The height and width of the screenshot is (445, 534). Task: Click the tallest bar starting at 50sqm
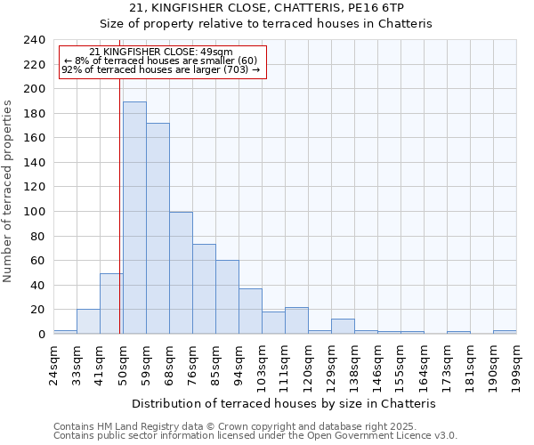click(x=134, y=218)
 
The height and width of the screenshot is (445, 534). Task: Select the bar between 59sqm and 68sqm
click(x=158, y=229)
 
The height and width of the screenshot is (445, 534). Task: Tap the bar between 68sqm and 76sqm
click(x=181, y=273)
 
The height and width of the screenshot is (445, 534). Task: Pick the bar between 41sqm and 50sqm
click(x=111, y=304)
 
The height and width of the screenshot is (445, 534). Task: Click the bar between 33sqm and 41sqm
click(x=88, y=322)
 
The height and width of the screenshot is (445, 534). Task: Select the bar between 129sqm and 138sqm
click(x=343, y=327)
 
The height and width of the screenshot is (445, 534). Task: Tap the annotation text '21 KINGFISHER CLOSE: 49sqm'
click(x=161, y=53)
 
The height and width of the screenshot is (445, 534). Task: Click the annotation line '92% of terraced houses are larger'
click(x=161, y=69)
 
